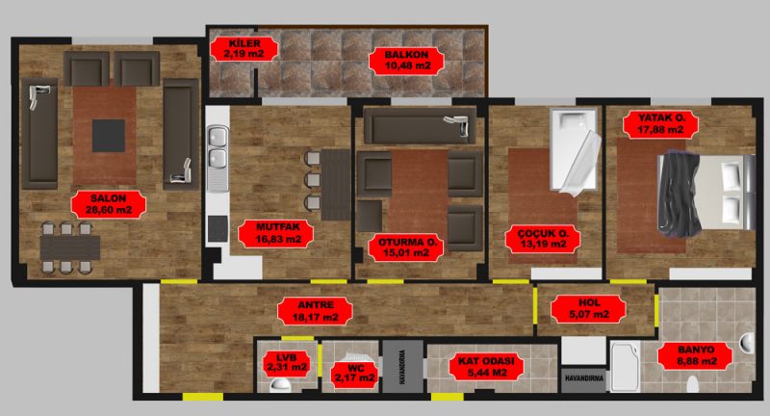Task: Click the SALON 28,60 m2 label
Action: (x=109, y=205)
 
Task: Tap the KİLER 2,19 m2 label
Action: (x=244, y=49)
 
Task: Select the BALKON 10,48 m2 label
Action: (x=407, y=61)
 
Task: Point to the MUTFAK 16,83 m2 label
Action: (x=277, y=234)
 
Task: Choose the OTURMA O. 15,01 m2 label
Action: (x=406, y=247)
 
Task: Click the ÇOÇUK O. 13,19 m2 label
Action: (x=543, y=239)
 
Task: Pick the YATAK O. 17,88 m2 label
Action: (x=661, y=124)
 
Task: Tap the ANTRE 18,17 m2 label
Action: (x=316, y=311)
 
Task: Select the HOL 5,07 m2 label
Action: (x=588, y=308)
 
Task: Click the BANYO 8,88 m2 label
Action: (x=695, y=356)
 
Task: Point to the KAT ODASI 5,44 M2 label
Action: (x=486, y=367)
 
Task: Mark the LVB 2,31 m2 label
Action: (x=286, y=362)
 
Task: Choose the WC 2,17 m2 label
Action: (x=355, y=374)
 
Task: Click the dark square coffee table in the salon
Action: (x=109, y=136)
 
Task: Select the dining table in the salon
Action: (x=70, y=248)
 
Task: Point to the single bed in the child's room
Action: (x=575, y=151)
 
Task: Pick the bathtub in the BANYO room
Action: (x=625, y=366)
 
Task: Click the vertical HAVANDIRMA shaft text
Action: (x=402, y=366)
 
